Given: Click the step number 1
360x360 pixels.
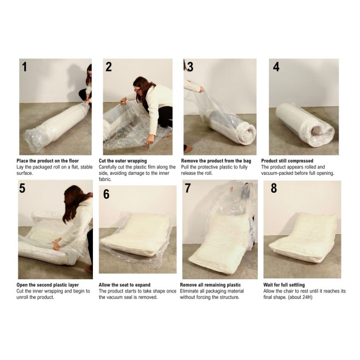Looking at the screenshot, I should point(24,67).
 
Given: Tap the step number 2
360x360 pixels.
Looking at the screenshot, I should point(108,67).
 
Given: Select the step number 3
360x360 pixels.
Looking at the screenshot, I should point(190,67).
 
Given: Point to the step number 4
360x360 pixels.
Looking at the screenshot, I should point(276,67).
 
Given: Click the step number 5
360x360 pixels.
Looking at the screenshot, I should point(22,188).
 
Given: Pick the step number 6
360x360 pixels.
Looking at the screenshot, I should point(106,194).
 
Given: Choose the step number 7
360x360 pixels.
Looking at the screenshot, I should point(187,188).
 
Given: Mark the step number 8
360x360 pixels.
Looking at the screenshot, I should point(273,189).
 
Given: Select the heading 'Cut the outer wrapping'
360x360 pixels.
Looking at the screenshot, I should point(122,161).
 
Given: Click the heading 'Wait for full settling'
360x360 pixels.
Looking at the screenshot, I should point(287,284).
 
